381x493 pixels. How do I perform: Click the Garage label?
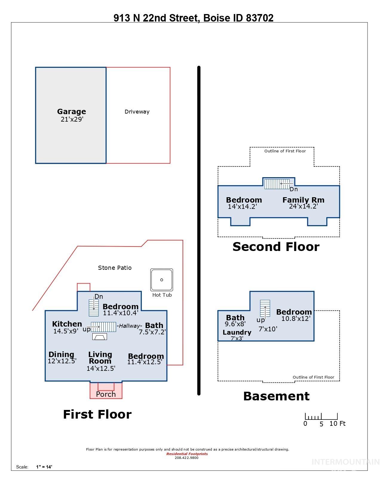point(71,112)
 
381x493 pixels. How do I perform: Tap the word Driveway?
point(137,112)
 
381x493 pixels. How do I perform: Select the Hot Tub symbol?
point(162,280)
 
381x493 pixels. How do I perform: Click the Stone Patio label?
point(114,268)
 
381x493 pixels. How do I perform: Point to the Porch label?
point(106,394)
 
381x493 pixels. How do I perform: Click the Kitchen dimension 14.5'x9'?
point(66,331)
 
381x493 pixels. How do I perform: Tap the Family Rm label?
point(303,200)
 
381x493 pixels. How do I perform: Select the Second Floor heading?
point(276,246)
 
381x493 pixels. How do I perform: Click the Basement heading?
point(276,396)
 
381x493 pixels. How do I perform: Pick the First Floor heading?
point(97,414)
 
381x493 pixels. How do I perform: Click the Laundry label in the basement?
point(237,332)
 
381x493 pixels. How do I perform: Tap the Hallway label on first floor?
point(129,326)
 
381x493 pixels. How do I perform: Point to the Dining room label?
point(61,354)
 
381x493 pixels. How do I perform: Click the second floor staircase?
point(277,184)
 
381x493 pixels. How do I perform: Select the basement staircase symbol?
point(265,308)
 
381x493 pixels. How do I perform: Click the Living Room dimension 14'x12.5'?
point(101,368)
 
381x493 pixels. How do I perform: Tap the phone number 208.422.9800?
point(186,458)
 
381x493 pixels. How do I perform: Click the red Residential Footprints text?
point(187,454)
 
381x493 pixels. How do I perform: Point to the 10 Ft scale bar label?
point(337,424)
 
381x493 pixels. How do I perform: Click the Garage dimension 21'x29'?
point(72,119)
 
